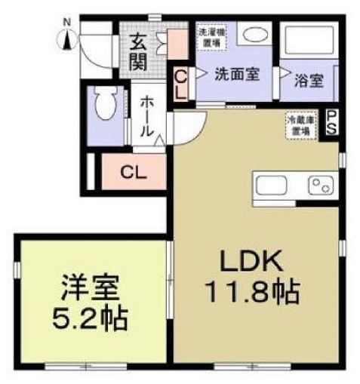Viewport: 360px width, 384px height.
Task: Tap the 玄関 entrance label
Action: [x=138, y=52]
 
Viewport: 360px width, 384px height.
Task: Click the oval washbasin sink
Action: [x=255, y=35]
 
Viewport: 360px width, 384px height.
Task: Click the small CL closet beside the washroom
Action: [x=182, y=83]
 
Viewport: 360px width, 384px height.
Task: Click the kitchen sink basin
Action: [x=271, y=185]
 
